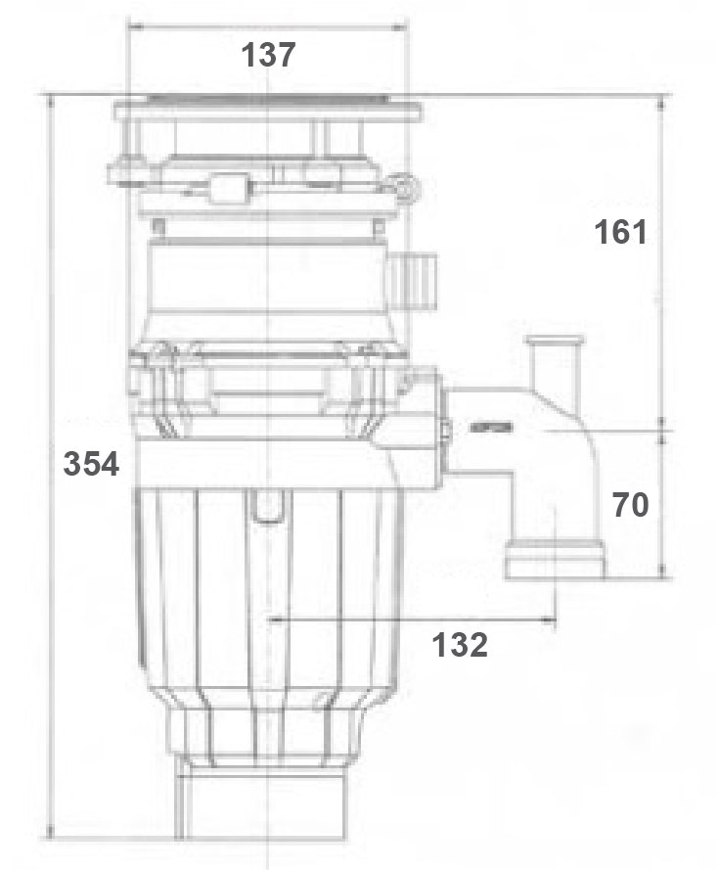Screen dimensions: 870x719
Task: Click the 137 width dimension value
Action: coord(269,56)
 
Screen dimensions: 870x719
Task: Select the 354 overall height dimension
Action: coord(91,463)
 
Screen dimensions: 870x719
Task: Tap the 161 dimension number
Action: coord(621,233)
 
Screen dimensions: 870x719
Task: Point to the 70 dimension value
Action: coord(631,505)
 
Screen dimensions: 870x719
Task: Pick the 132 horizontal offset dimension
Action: coord(460,644)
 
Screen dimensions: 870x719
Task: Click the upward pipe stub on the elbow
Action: coord(555,362)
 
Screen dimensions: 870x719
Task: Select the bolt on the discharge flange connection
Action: coord(447,429)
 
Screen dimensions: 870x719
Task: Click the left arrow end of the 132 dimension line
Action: coord(271,619)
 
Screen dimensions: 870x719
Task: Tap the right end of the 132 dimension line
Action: coord(556,619)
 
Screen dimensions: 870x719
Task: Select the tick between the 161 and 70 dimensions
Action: coord(664,428)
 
